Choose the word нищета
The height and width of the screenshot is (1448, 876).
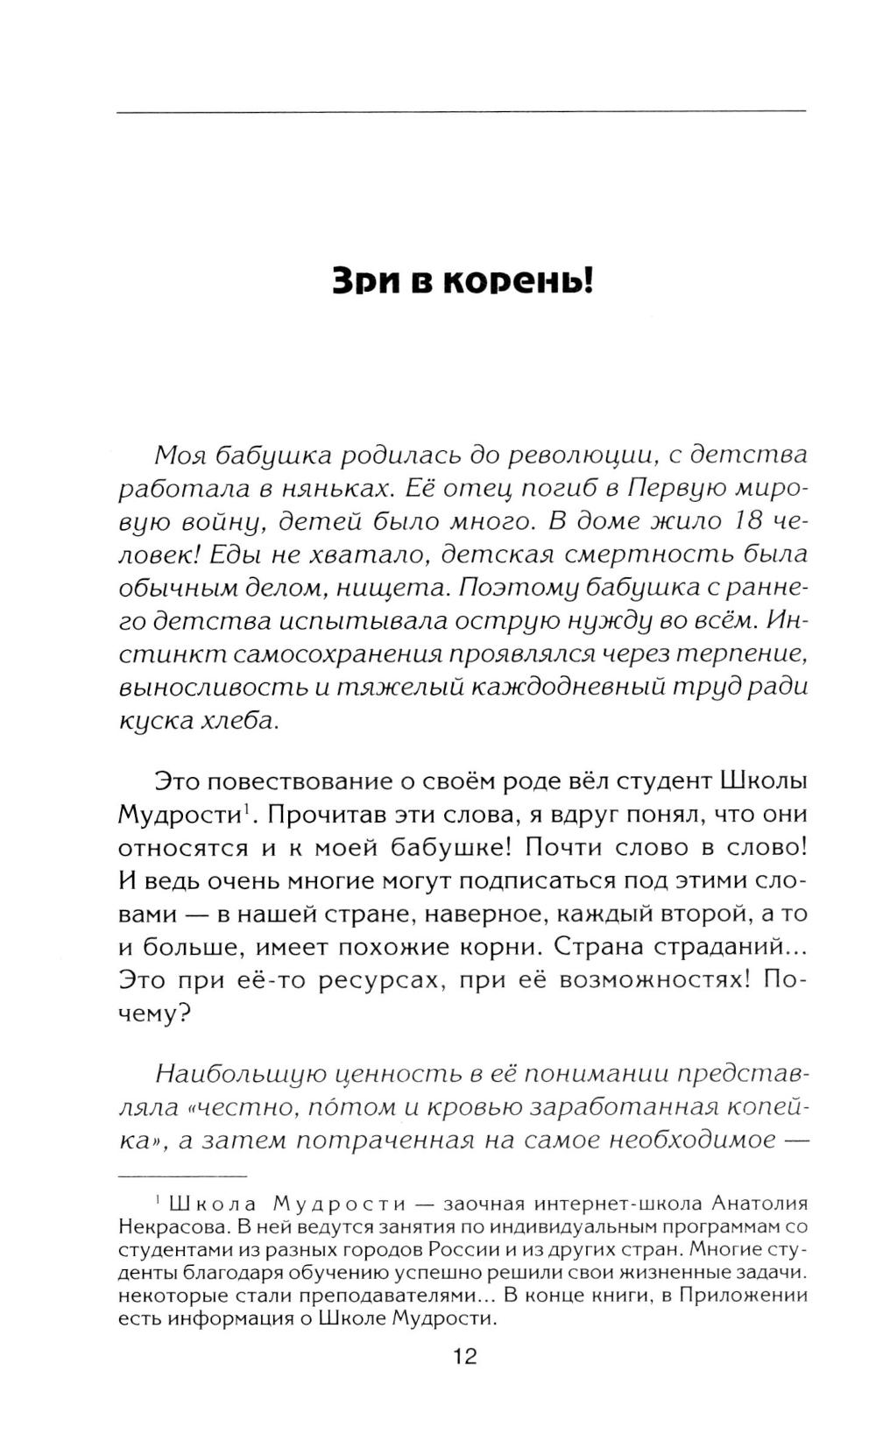click(x=393, y=587)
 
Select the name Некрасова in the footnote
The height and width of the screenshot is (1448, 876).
click(x=166, y=1225)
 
